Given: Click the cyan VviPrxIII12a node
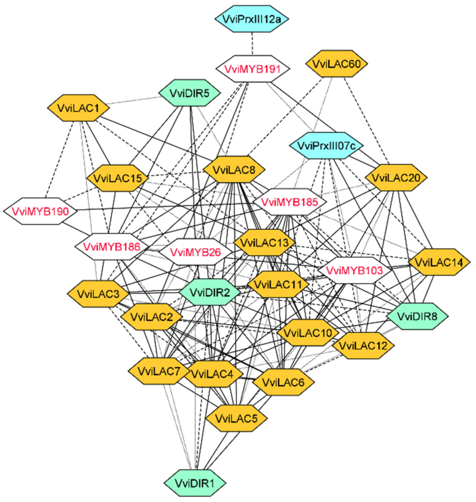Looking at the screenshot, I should coord(251,19).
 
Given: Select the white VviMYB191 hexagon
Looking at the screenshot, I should coord(252,69).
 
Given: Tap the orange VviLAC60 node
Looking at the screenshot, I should coord(336,64).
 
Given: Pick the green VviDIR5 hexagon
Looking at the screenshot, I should coord(189,93).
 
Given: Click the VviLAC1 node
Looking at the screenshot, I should coord(79,108).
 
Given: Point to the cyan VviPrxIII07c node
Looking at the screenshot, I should coord(326,146).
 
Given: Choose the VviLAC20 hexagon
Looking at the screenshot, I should coord(396,178).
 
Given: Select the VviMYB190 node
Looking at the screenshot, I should coord(40,211).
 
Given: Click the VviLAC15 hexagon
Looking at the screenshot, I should coord(117,178).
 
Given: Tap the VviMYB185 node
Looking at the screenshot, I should coord(289,202).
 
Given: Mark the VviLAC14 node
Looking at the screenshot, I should coord(439,262).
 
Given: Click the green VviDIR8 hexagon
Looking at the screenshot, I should coord(417,316).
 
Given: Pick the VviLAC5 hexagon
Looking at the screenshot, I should coord(236,418).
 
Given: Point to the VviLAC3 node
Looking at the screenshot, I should coord(98,294).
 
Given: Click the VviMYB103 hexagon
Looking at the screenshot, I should coord(354,271).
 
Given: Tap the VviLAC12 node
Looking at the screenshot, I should coord(363,346).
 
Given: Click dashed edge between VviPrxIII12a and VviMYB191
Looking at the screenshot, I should coord(252,43).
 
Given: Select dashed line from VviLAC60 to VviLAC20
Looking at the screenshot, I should coord(367,121).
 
